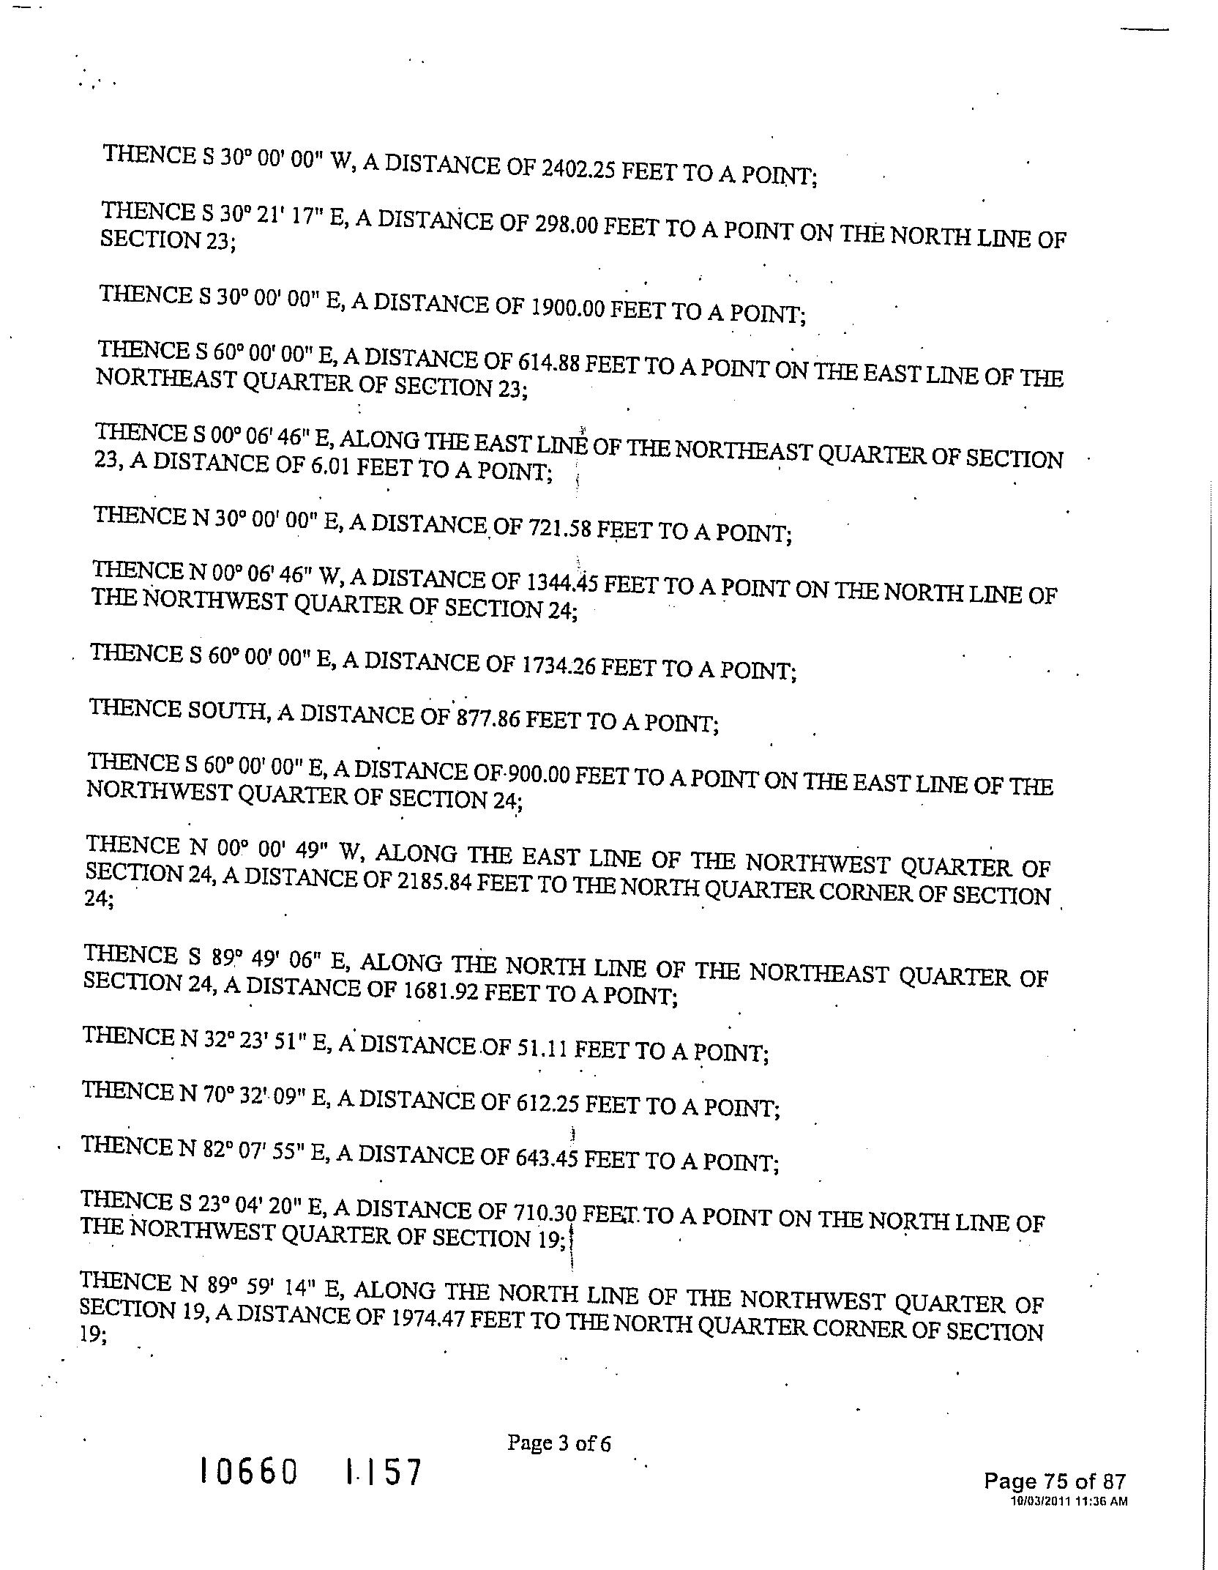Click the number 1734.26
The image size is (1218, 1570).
point(558,665)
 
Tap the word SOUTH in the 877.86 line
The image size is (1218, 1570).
point(225,710)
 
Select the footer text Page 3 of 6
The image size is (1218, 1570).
point(558,1443)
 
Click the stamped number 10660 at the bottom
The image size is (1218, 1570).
point(250,1472)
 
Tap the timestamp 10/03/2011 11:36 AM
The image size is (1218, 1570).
point(1069,1501)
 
